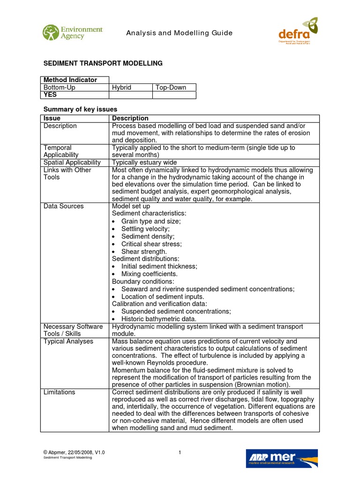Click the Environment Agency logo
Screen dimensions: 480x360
click(72, 33)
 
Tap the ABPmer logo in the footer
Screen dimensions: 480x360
click(282, 458)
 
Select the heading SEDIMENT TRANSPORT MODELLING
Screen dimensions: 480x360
click(103, 63)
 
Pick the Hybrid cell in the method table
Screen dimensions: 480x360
click(121, 88)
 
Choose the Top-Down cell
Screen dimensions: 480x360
click(171, 88)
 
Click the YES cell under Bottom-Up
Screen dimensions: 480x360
click(50, 95)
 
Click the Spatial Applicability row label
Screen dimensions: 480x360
click(72, 162)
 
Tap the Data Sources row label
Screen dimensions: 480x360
click(63, 206)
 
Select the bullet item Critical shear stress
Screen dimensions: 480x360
click(151, 244)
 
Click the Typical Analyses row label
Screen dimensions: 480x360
click(68, 341)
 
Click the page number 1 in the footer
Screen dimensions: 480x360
click(180, 452)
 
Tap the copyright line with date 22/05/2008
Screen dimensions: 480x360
click(74, 452)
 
